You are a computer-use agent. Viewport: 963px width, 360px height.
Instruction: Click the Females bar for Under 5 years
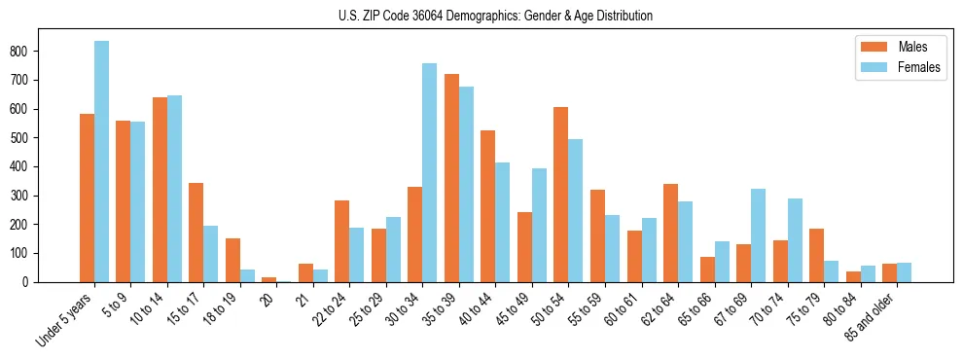(x=101, y=162)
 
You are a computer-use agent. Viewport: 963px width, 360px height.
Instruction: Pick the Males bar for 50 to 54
(x=561, y=195)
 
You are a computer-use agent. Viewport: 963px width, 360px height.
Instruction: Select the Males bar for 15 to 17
(x=196, y=233)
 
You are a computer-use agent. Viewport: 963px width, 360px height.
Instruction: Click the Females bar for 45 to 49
(x=539, y=225)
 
